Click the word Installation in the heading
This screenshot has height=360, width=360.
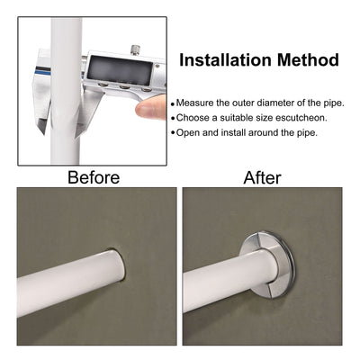[226, 59]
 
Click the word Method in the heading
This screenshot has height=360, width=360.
[309, 59]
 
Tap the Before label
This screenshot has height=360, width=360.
[94, 177]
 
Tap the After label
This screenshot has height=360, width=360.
[262, 177]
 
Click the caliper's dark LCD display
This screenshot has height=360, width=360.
[120, 70]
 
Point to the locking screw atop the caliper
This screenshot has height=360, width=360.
[136, 49]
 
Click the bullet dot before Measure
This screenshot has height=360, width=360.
[173, 104]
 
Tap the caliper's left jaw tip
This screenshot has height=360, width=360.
[43, 131]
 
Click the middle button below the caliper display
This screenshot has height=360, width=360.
[124, 87]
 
